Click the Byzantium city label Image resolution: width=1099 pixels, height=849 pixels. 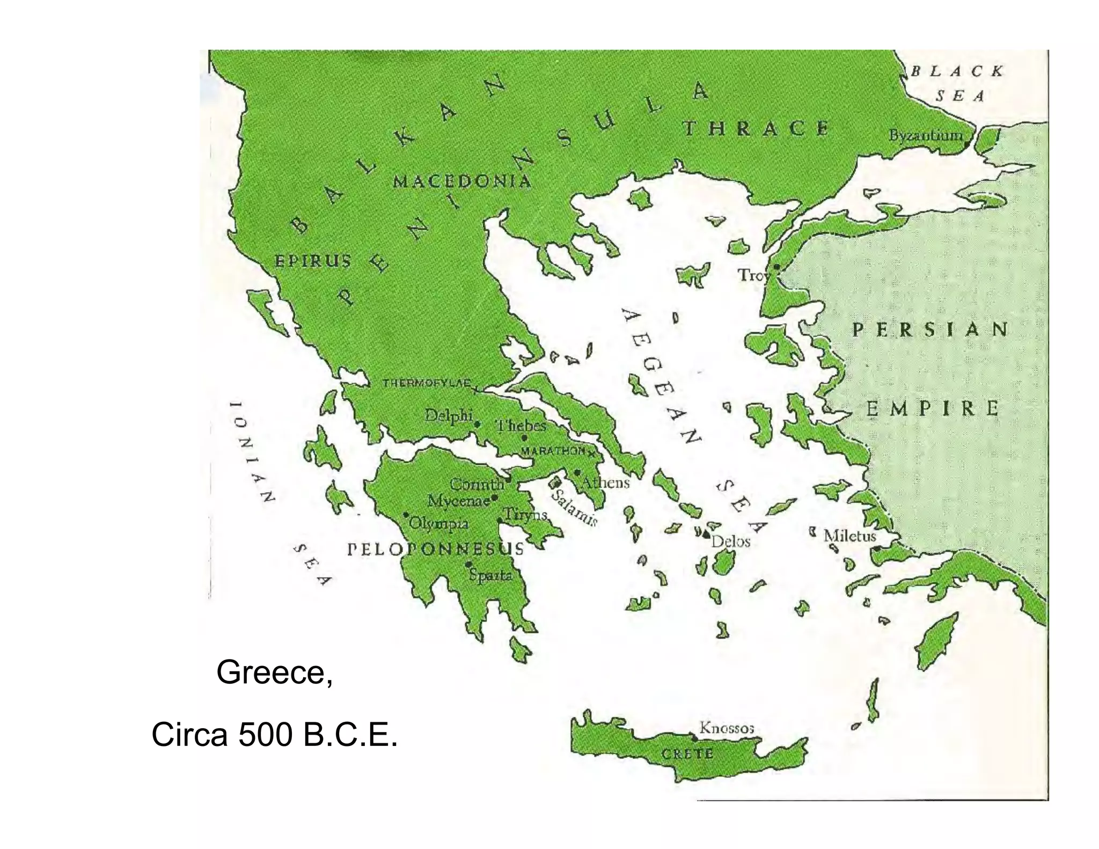[926, 135]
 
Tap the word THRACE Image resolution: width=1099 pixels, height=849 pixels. [756, 129]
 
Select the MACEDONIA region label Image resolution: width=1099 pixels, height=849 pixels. [462, 181]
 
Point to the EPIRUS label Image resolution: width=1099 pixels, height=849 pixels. [313, 261]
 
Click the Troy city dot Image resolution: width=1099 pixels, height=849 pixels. [776, 267]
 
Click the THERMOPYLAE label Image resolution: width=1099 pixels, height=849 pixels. [427, 383]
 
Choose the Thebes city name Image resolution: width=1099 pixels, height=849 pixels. [521, 426]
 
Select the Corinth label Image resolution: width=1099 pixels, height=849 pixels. [477, 484]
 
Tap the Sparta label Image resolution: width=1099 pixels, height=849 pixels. [490, 575]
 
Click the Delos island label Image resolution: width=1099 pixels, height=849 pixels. [730, 541]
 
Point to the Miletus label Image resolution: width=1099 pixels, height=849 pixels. [849, 536]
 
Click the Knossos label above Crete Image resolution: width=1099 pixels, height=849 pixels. [727, 728]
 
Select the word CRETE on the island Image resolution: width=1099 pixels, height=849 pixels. [687, 753]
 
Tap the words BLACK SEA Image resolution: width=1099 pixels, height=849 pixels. [958, 83]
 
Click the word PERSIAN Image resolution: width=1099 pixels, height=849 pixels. [930, 330]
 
